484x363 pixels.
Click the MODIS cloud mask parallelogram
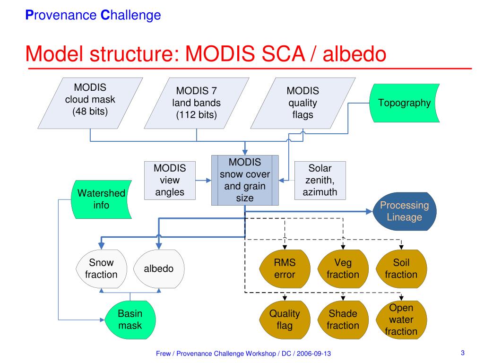click(x=90, y=103)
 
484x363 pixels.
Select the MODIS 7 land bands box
click(x=197, y=103)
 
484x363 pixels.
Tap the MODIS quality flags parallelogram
click(x=303, y=103)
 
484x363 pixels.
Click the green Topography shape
click(x=405, y=103)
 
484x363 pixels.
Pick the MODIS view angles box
click(x=170, y=180)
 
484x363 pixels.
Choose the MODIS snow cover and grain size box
click(x=245, y=180)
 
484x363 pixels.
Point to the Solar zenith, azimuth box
click(x=320, y=180)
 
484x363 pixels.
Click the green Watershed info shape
click(x=102, y=199)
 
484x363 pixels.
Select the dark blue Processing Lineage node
click(x=405, y=211)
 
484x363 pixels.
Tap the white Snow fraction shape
click(x=101, y=269)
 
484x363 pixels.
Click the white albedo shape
click(x=159, y=269)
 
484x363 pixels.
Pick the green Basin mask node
click(x=130, y=320)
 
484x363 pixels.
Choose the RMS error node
click(x=285, y=269)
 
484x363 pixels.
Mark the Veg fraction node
click(x=343, y=269)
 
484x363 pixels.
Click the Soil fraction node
click(x=401, y=269)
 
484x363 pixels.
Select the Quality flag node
click(x=285, y=320)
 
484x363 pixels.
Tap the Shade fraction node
click(x=343, y=320)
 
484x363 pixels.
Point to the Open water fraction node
click(x=401, y=320)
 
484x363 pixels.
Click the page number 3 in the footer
click(x=463, y=353)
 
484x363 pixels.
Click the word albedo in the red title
click(x=354, y=54)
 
